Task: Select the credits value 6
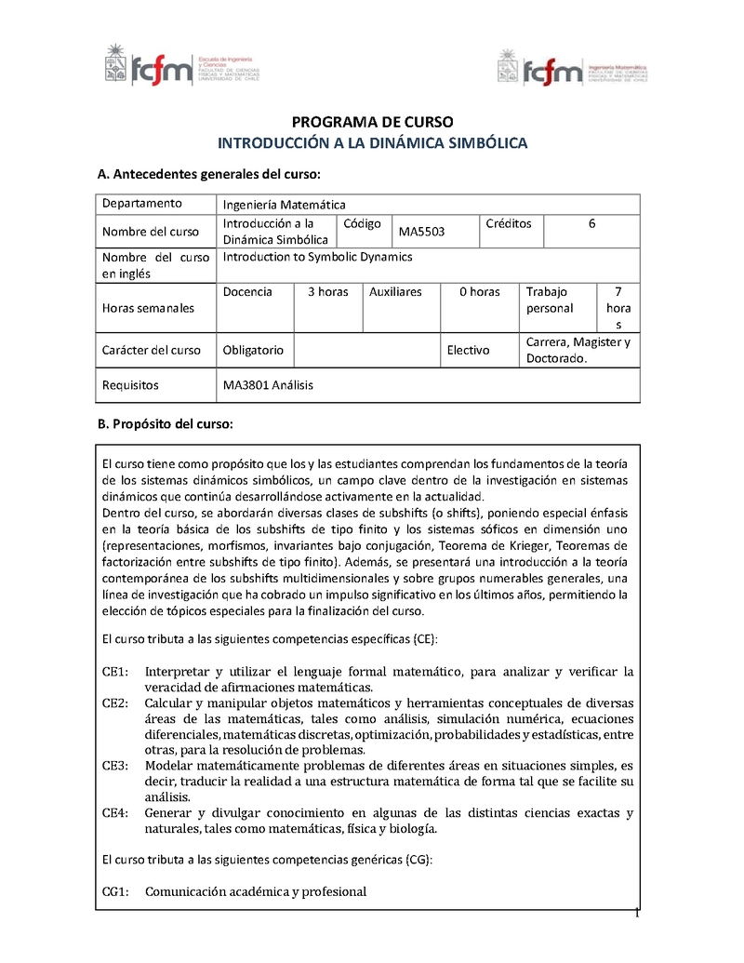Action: point(592,223)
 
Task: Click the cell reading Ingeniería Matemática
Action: point(285,205)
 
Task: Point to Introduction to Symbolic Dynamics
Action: point(318,257)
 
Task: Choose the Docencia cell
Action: point(247,291)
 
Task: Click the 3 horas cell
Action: point(327,291)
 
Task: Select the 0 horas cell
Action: point(479,291)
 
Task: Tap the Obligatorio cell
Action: point(253,351)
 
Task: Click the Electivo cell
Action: point(468,351)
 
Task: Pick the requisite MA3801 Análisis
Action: point(269,384)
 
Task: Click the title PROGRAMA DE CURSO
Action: point(372,123)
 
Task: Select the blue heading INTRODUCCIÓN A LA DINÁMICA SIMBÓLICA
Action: point(372,143)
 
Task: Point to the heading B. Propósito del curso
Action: point(165,424)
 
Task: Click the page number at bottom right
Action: point(638,914)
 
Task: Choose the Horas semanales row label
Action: point(149,308)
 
